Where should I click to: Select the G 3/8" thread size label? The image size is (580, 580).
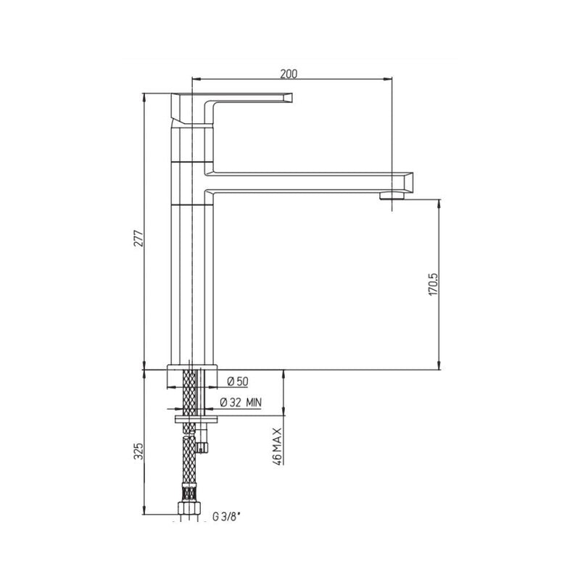tap(226, 517)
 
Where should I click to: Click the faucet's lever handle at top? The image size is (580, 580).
tap(239, 99)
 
